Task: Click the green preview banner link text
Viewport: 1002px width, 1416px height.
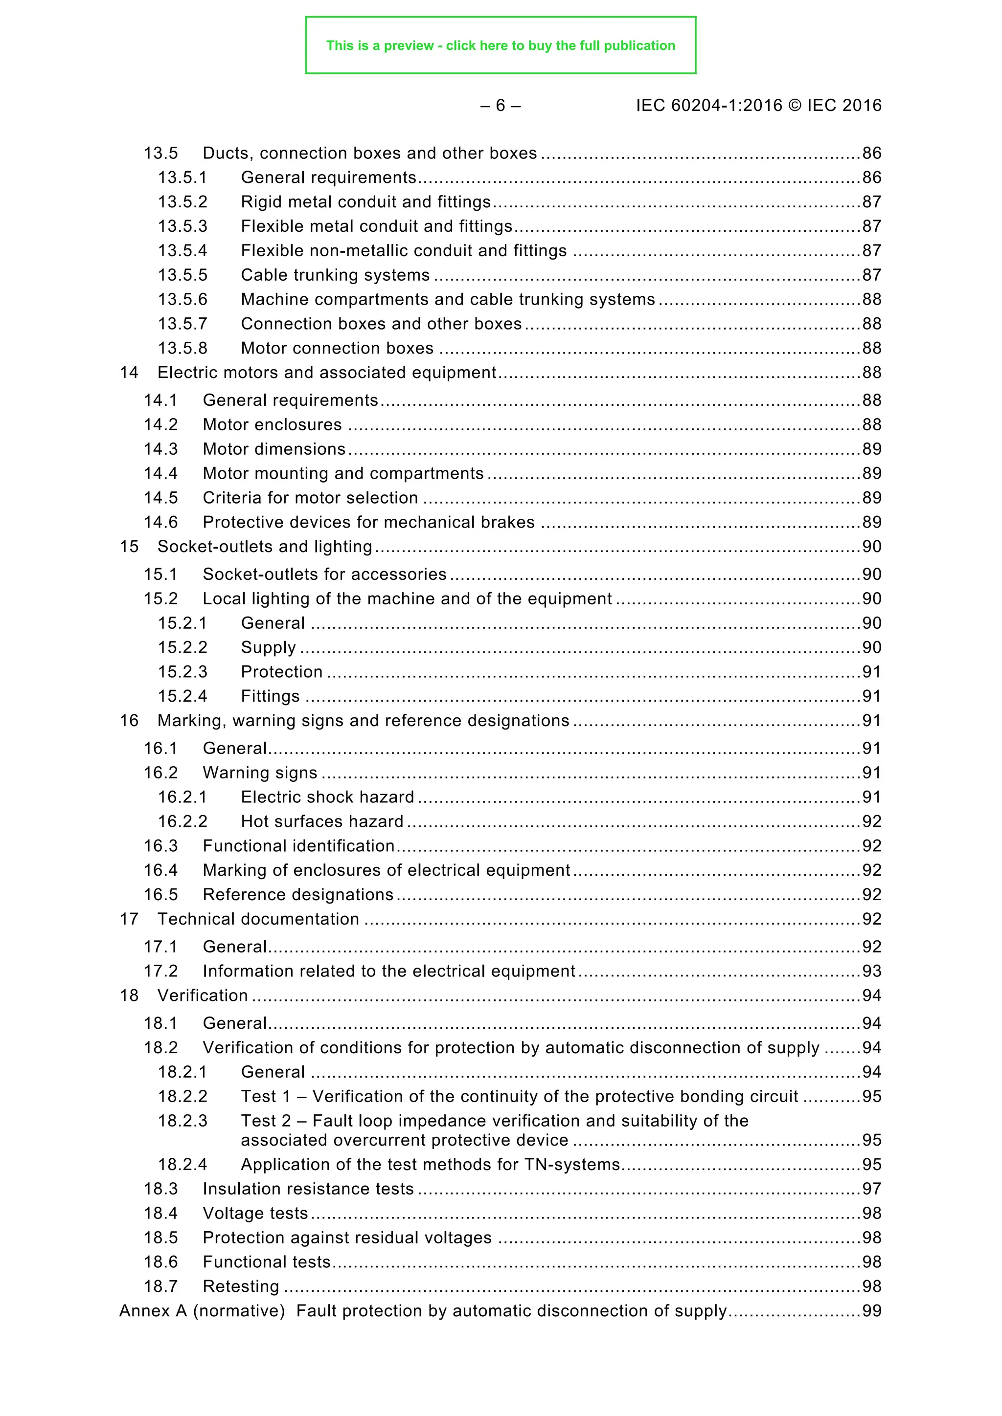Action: pyautogui.click(x=501, y=45)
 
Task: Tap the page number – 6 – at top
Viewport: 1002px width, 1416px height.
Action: pyautogui.click(x=501, y=106)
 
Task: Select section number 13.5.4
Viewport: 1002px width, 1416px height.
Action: pyautogui.click(x=182, y=250)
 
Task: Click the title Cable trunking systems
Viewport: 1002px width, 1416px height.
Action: pyautogui.click(x=335, y=275)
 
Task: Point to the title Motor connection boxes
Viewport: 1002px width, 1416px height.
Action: pyautogui.click(x=337, y=349)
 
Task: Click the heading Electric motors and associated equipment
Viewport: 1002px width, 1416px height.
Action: pyautogui.click(x=326, y=373)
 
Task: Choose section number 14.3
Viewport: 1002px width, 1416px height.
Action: pyautogui.click(x=160, y=449)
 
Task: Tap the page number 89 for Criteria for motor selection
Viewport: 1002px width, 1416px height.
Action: pyautogui.click(x=871, y=498)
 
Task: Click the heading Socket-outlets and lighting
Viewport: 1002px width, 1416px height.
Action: pyautogui.click(x=265, y=547)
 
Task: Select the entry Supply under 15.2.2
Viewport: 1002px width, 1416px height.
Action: pyautogui.click(x=269, y=647)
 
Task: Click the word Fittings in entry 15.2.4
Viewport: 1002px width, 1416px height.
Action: pyautogui.click(x=270, y=696)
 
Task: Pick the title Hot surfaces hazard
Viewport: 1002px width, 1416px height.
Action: pyautogui.click(x=322, y=821)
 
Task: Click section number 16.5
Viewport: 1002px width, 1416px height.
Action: pyautogui.click(x=160, y=894)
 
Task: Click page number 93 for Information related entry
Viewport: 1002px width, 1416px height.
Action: pyautogui.click(x=871, y=972)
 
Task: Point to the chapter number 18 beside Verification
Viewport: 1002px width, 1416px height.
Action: pyautogui.click(x=129, y=996)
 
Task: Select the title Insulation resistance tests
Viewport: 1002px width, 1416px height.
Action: pyautogui.click(x=308, y=1189)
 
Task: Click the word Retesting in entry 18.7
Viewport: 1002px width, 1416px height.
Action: pyautogui.click(x=241, y=1286)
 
